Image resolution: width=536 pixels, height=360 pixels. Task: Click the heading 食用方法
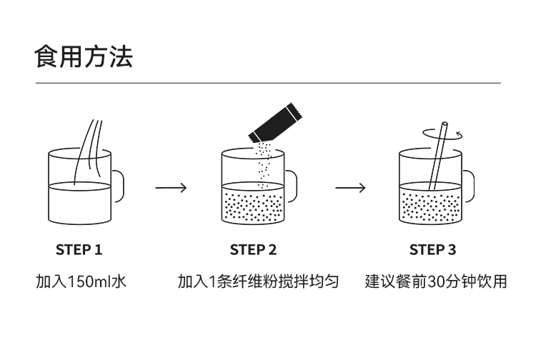84,56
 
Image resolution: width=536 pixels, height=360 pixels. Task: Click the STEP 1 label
79,250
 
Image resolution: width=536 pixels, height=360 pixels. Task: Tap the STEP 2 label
253,250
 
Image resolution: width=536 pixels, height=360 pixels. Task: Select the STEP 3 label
432,250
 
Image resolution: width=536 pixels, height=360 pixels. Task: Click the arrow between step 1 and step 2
171,188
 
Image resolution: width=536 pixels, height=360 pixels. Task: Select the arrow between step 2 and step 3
350,188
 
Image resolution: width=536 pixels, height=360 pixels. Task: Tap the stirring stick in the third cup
437,158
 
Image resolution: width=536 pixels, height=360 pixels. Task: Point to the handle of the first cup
119,186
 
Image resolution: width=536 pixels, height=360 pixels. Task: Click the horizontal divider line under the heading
268,84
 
